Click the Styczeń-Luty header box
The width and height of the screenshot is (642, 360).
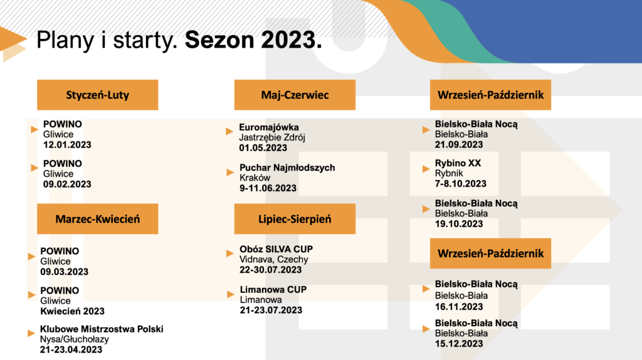click(x=97, y=95)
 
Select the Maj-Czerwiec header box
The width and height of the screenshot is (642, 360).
click(x=295, y=95)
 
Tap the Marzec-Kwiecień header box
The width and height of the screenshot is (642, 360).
click(x=97, y=219)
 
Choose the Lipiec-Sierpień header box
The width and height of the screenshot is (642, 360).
click(x=295, y=219)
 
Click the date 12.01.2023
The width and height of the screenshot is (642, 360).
click(x=67, y=145)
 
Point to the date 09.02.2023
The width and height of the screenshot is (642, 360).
click(x=67, y=184)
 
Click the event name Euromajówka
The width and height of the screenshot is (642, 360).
click(x=269, y=127)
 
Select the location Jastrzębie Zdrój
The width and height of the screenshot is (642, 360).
click(x=272, y=137)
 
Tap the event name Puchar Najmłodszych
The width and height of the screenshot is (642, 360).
click(x=287, y=167)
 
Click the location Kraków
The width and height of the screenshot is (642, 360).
click(x=255, y=177)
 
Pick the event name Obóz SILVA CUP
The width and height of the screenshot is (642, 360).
click(x=276, y=249)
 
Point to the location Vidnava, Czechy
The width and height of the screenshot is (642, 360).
click(x=274, y=259)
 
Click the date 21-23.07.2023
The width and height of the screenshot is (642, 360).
click(x=271, y=310)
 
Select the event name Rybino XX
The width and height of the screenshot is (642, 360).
click(x=458, y=163)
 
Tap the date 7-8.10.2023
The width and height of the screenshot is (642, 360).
click(x=461, y=184)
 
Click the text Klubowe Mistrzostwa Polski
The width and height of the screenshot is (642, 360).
click(x=102, y=329)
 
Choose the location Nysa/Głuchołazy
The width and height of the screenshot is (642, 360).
click(x=75, y=339)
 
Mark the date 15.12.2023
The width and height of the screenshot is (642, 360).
click(x=459, y=344)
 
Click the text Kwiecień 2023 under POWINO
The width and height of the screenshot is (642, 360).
click(x=73, y=311)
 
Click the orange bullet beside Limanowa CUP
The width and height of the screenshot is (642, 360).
click(x=231, y=294)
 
